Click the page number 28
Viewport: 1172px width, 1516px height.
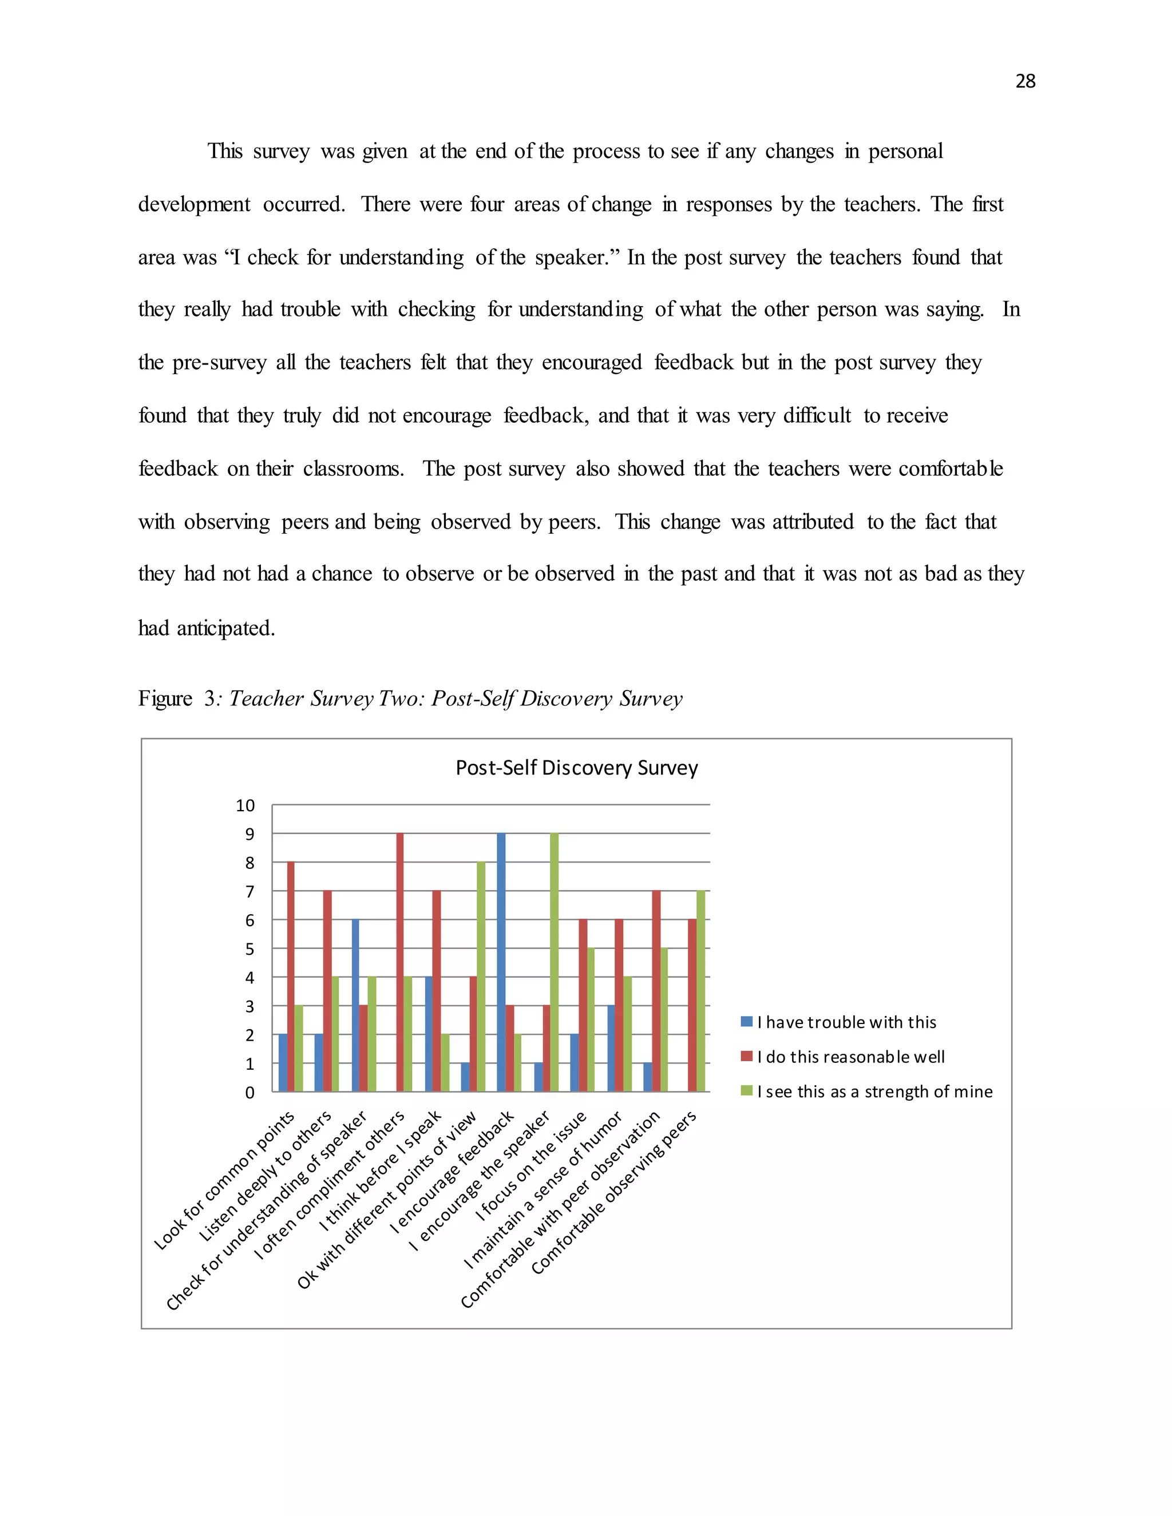(1025, 81)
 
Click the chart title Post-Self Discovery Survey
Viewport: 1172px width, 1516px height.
(576, 767)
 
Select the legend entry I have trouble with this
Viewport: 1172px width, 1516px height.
(846, 1022)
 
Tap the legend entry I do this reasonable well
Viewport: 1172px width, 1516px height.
(850, 1057)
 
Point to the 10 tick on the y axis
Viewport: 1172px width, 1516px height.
(245, 805)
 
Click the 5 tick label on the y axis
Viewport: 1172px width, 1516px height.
(250, 949)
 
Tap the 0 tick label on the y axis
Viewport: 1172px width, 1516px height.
(250, 1093)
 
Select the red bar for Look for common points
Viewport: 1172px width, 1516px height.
(291, 977)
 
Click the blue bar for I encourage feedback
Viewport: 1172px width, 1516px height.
(501, 962)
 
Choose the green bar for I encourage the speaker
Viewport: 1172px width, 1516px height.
(554, 962)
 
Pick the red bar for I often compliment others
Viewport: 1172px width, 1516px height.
(400, 962)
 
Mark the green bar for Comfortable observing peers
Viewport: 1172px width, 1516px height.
(700, 991)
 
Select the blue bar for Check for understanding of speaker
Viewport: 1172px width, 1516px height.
(355, 1006)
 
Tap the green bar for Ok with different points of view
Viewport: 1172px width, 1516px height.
(481, 977)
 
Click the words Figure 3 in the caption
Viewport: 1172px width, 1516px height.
(177, 699)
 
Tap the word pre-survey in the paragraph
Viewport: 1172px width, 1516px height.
(219, 362)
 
